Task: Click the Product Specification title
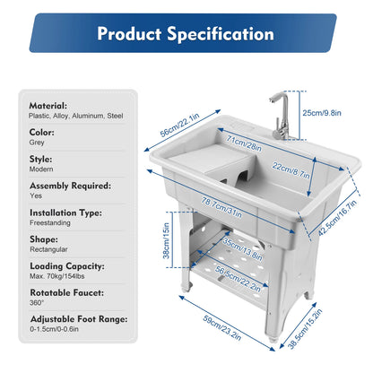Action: [186, 35]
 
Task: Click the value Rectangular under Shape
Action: [51, 254]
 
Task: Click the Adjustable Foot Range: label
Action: [77, 319]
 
